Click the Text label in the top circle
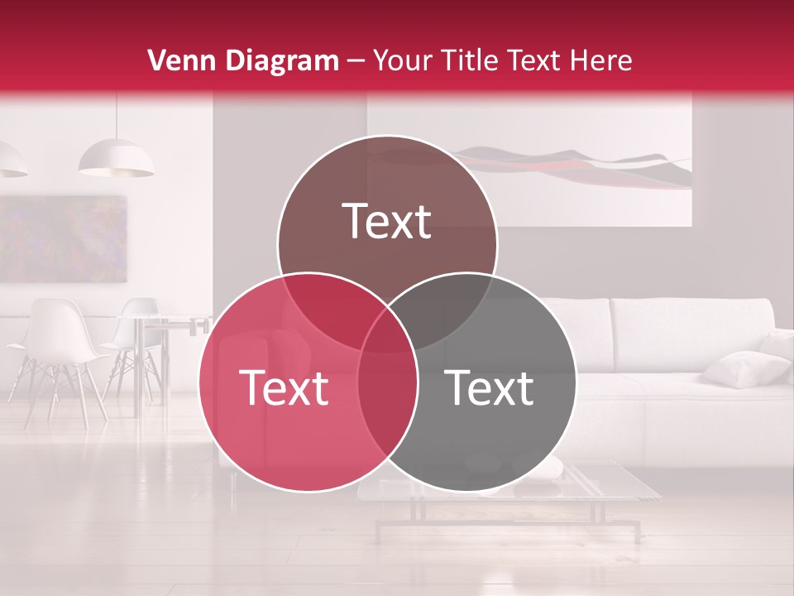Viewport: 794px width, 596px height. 387,221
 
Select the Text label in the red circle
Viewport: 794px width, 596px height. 284,387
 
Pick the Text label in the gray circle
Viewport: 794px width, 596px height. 490,387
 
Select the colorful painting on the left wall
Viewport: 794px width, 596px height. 63,238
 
